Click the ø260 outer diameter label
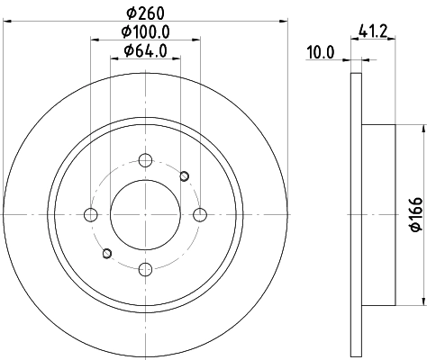tap(145, 13)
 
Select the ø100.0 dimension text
tap(145, 33)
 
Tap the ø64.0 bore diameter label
tap(145, 53)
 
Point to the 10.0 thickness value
tap(321, 53)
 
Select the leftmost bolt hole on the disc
tap(90, 214)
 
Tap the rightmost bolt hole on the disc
tap(200, 214)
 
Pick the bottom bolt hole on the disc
tap(145, 268)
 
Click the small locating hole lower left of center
tap(106, 253)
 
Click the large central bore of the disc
tap(145, 214)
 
